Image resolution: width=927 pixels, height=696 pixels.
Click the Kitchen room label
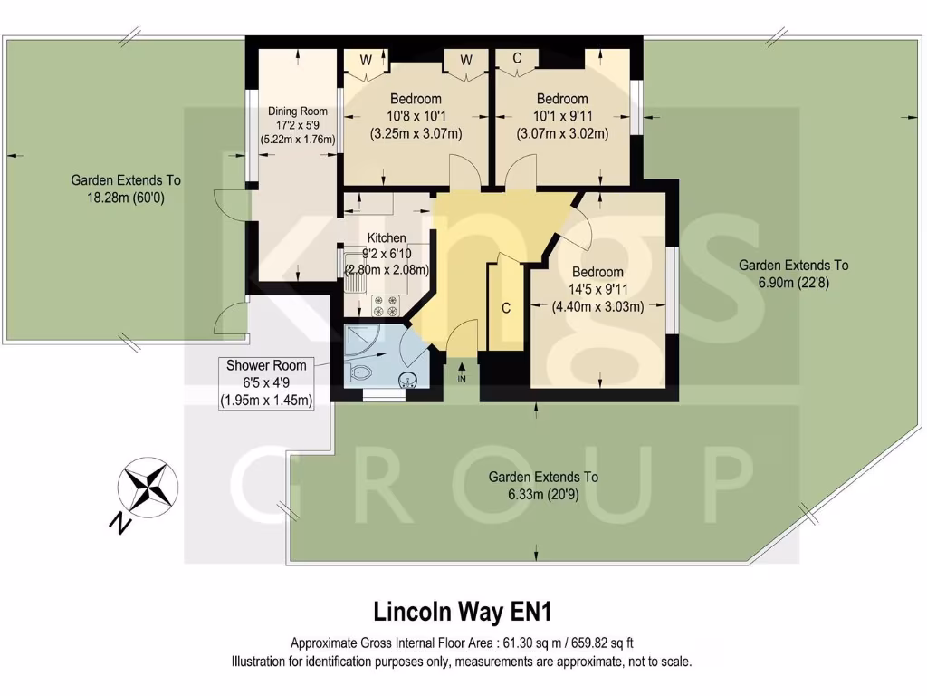coord(386,237)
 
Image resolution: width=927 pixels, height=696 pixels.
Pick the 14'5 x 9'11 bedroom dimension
coord(597,289)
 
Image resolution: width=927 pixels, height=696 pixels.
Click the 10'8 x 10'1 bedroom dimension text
coord(416,116)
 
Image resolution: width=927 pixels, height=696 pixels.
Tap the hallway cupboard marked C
coord(506,308)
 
